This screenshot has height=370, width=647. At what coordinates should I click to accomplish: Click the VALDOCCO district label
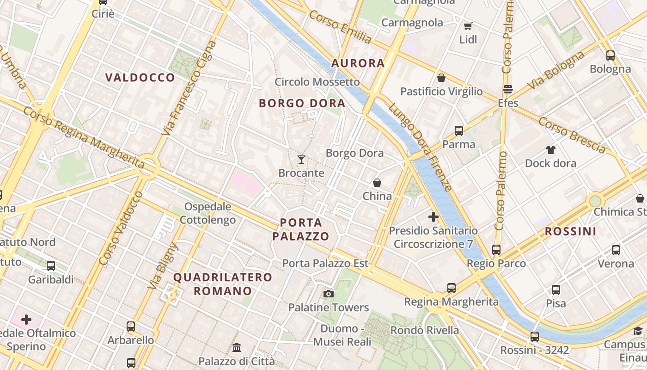point(140,78)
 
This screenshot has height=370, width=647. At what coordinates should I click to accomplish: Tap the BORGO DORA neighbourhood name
point(302,103)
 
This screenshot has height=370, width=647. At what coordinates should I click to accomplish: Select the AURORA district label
point(358,63)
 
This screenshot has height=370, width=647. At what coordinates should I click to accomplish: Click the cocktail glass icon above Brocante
point(301,160)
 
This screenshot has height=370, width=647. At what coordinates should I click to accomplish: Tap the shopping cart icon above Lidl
point(468,26)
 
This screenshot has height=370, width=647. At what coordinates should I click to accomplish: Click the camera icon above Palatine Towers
point(329,294)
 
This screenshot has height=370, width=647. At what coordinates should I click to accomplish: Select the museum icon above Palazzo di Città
point(237,347)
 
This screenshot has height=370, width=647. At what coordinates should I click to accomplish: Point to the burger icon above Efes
point(508,89)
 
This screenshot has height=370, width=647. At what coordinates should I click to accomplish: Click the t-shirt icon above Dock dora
point(550,149)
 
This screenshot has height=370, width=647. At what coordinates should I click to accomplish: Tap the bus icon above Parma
point(459,131)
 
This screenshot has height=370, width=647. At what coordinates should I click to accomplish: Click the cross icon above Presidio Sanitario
point(433,216)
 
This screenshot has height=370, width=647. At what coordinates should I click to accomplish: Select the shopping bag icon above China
point(377,183)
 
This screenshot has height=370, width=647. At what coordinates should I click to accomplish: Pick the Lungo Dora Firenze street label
point(420,147)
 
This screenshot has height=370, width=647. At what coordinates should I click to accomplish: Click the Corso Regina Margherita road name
point(83,137)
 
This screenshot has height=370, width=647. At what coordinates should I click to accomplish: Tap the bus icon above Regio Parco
point(496,250)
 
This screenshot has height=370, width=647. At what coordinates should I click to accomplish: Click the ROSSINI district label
point(570,232)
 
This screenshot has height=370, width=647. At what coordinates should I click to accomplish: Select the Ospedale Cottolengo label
point(208,213)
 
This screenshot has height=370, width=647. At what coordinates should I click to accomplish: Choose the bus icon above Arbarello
point(131,327)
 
